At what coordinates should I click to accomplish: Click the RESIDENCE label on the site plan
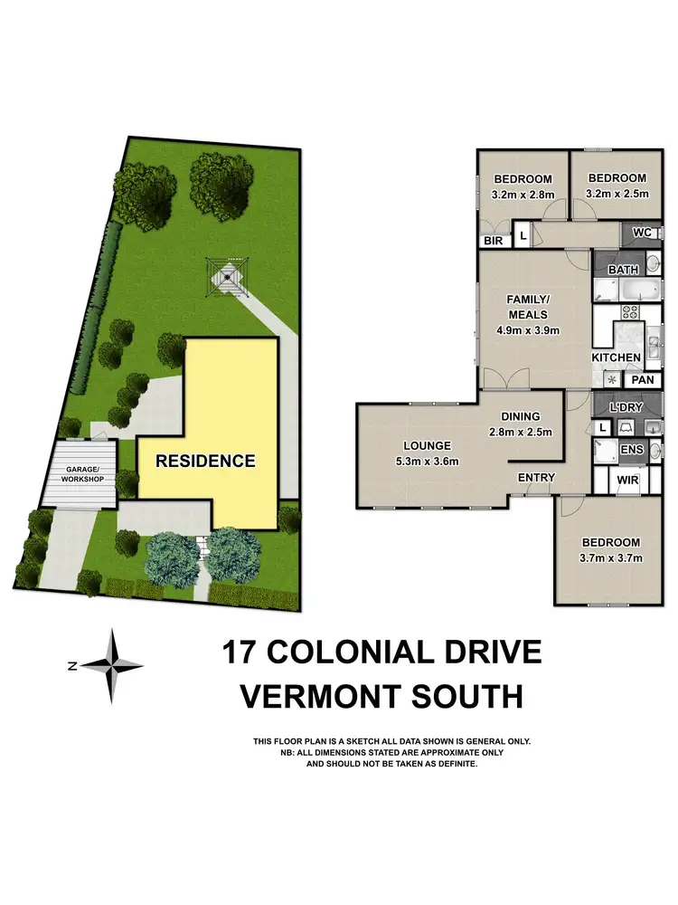[205, 461]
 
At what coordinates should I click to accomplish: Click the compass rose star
[113, 665]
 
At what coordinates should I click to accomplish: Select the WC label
[643, 233]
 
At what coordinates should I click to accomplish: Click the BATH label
[623, 270]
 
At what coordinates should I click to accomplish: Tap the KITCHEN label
[616, 357]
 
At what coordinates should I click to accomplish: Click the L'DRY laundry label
[626, 407]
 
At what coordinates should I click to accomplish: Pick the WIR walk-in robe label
[627, 481]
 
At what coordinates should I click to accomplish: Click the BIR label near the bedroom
[494, 242]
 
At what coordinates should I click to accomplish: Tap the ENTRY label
[535, 478]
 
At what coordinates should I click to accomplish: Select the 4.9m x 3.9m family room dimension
[528, 330]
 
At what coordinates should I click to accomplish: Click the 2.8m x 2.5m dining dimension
[526, 432]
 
